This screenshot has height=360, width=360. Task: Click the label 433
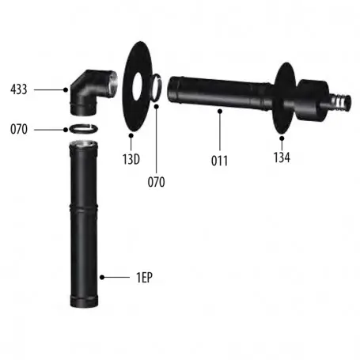click(19, 89)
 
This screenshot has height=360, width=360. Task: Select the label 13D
click(131, 159)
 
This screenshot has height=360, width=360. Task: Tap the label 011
click(219, 161)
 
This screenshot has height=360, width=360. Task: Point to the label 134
click(282, 157)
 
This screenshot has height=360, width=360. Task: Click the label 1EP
click(144, 277)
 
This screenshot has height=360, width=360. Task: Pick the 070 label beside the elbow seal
click(19, 129)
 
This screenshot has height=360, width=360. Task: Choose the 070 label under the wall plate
click(156, 182)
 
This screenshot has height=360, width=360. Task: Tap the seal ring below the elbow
click(83, 129)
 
